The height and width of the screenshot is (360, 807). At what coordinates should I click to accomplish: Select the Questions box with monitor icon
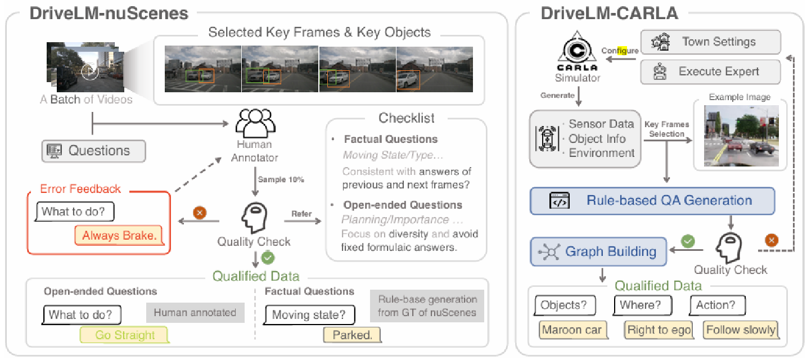[93, 151]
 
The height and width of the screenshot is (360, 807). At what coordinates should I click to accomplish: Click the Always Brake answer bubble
[119, 235]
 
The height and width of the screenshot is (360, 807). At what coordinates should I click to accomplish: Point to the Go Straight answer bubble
[125, 335]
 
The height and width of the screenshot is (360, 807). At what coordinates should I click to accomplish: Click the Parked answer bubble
[353, 335]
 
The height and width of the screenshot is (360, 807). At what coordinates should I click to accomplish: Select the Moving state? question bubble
[310, 315]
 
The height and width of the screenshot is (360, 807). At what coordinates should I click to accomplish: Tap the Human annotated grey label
[195, 313]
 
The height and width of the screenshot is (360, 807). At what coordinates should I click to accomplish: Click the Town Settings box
[711, 42]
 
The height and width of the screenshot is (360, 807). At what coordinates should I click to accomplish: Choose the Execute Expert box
[711, 71]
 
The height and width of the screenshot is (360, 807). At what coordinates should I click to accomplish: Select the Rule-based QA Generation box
[652, 200]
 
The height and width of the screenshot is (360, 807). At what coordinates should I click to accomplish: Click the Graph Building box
[598, 251]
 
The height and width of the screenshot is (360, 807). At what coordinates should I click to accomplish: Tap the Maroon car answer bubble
[572, 330]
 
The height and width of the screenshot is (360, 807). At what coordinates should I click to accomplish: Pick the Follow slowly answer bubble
[741, 330]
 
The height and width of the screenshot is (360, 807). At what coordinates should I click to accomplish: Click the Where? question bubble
[641, 305]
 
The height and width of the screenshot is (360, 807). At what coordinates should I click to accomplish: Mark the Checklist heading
[407, 118]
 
